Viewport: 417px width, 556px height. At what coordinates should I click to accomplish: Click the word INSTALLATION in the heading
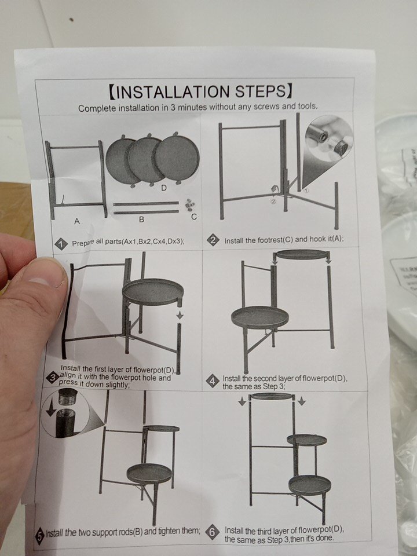(173, 92)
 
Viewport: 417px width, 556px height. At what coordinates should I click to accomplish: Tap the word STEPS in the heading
(260, 91)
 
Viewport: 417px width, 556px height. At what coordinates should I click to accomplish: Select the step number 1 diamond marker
(61, 244)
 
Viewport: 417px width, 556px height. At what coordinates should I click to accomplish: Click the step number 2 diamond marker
(213, 240)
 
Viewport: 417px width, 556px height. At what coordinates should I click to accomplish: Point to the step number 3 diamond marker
(53, 378)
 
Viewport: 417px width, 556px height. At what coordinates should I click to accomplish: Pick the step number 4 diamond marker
(213, 382)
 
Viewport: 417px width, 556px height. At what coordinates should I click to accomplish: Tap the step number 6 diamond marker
(212, 532)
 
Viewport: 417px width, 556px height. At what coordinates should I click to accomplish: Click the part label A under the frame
(76, 221)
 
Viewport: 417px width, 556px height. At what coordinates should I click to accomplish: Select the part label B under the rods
(141, 220)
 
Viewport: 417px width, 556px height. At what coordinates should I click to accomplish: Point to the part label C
(193, 217)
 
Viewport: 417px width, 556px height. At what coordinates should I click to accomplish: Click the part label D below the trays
(163, 188)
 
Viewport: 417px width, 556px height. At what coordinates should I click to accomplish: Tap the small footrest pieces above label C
(190, 204)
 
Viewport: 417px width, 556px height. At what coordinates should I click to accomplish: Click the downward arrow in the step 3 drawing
(180, 315)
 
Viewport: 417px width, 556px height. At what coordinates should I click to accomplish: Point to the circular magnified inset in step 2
(328, 138)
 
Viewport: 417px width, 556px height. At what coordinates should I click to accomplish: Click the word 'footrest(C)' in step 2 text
(274, 240)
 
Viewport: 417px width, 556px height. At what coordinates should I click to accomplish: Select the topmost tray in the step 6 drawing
(272, 396)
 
